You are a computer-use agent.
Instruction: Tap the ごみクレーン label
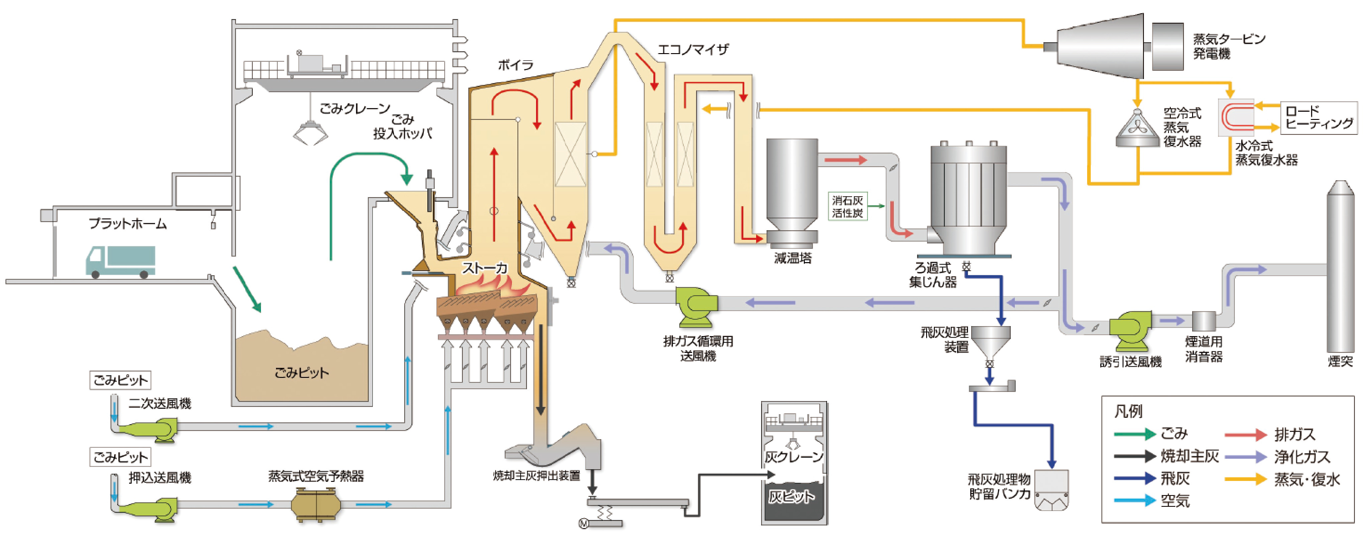[355, 109]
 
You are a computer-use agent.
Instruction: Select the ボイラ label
[515, 65]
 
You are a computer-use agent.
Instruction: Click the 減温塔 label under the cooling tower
[792, 258]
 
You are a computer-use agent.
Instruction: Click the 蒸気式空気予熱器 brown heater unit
[316, 504]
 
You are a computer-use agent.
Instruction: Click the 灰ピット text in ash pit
[791, 496]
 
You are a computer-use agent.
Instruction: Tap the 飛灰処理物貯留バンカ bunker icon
[1052, 490]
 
